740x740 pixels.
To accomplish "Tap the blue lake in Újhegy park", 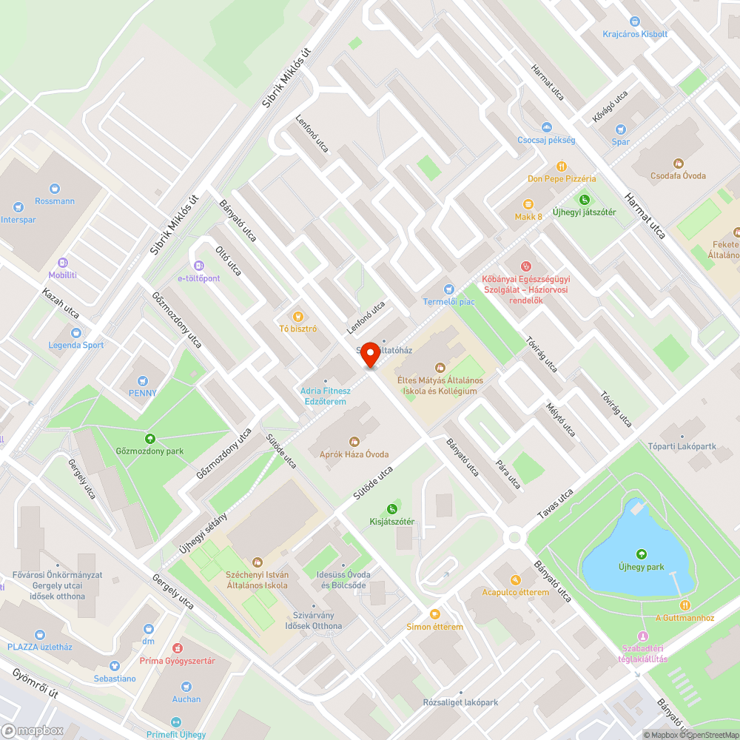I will [629, 551].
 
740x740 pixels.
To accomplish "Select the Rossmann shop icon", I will [55, 188].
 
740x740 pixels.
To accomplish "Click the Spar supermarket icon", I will [621, 129].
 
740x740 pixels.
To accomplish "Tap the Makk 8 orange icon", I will [528, 203].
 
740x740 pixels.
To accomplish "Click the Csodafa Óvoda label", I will [678, 175].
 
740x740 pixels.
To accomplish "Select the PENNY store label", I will [143, 393].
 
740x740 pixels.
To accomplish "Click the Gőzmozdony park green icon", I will [150, 438].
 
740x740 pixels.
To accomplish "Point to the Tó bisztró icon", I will [298, 316].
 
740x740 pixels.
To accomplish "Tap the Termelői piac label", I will [448, 301].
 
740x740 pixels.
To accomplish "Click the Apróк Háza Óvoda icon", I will [354, 442].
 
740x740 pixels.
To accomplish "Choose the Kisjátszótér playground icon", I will [391, 508].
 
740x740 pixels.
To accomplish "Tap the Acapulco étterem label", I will [516, 592].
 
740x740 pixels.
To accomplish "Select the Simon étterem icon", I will [435, 613].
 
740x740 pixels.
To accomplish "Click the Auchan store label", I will [186, 699].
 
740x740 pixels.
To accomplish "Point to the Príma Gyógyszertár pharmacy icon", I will [178, 647].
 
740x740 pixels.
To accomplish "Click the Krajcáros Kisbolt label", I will [635, 34].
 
